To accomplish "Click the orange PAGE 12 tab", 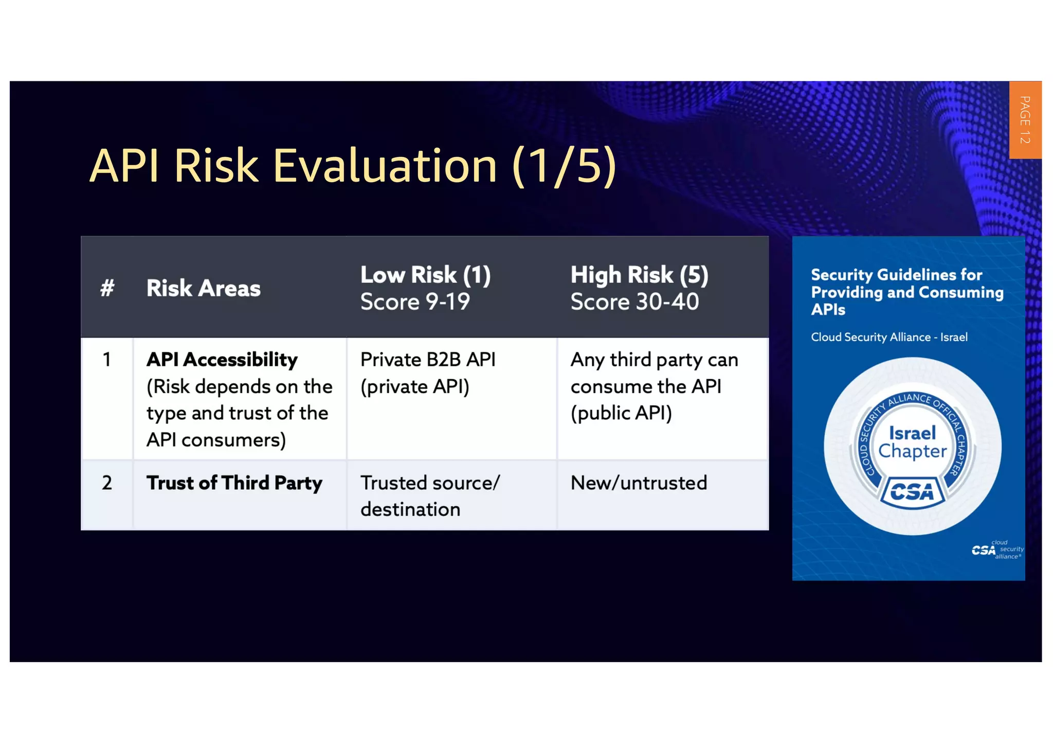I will point(1025,120).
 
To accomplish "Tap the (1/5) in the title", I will point(564,166).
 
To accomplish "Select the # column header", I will point(107,288).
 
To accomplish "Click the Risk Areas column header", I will point(203,288).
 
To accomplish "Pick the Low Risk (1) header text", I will point(425,275).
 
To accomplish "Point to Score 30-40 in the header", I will point(634,301).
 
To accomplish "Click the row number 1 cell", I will point(107,359).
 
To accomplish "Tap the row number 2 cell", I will point(107,483).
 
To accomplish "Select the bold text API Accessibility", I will point(222,359).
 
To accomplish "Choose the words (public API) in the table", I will point(621,413).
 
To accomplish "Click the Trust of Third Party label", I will point(234,483).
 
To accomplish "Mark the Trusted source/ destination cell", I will point(429,495).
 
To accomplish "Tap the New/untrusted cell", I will point(639,483).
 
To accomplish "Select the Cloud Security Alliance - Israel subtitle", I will point(889,337).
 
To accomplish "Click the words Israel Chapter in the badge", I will point(912,442).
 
